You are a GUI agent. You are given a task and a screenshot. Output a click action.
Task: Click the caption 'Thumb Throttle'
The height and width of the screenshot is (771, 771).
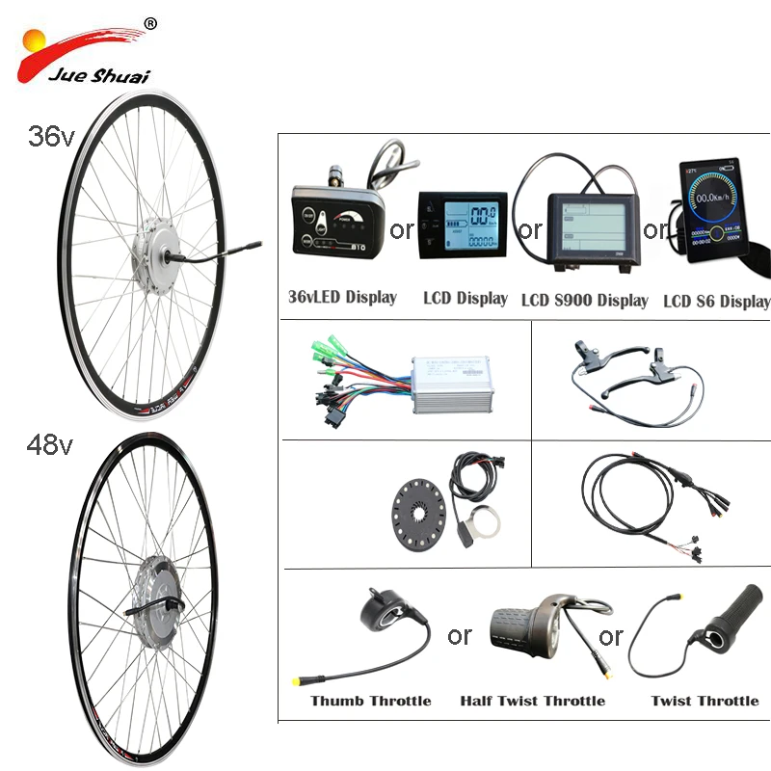(x=370, y=701)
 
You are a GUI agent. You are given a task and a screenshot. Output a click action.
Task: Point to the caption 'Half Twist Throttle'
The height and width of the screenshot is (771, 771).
(x=532, y=701)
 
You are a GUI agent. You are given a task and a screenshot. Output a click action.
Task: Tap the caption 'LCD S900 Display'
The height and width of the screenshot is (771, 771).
(x=584, y=300)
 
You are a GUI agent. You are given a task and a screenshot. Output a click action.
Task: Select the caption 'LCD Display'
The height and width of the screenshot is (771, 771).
(x=465, y=299)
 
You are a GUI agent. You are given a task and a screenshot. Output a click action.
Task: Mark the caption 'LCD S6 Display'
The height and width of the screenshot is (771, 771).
(x=716, y=301)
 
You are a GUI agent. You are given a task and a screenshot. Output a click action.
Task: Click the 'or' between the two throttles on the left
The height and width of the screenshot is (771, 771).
(x=460, y=636)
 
